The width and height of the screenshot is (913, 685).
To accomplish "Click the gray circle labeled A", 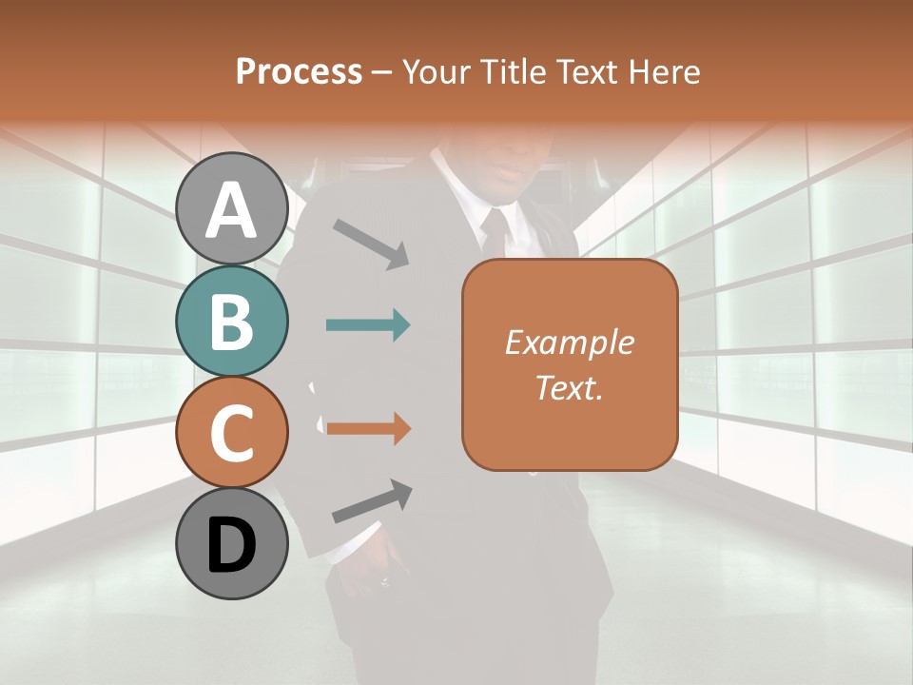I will [232, 209].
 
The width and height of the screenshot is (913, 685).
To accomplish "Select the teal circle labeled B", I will [232, 322].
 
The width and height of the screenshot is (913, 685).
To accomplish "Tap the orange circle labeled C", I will [232, 432].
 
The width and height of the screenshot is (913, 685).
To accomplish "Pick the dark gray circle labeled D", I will [232, 544].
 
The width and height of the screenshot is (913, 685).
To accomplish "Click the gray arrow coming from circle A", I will [371, 244].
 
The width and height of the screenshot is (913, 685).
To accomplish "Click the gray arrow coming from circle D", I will [372, 501].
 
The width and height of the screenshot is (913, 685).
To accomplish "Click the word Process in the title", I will [299, 71].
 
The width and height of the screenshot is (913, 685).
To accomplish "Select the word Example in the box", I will [569, 342].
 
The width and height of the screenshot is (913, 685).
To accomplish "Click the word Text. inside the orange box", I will [569, 387].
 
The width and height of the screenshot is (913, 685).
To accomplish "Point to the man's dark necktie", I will [495, 233].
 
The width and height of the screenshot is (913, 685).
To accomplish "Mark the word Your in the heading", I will [437, 71].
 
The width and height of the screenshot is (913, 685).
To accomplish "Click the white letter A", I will [232, 210].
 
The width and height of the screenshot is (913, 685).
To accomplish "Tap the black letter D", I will [232, 545].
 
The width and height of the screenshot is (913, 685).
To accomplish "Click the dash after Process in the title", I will [382, 72].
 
